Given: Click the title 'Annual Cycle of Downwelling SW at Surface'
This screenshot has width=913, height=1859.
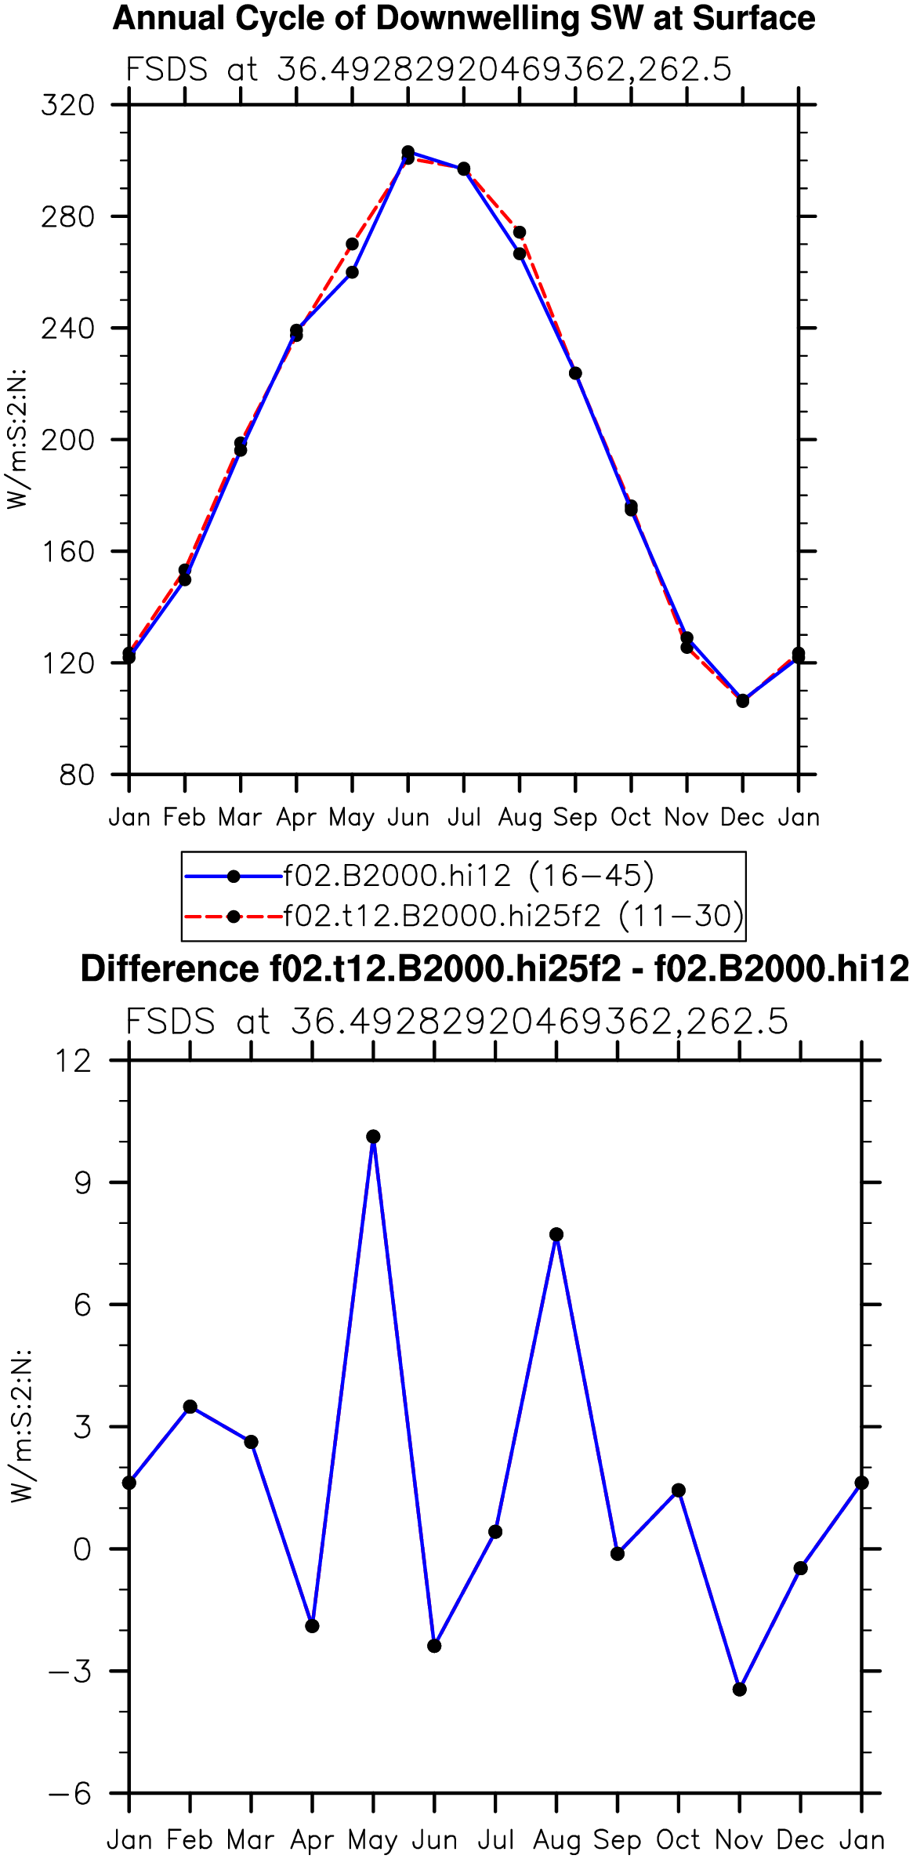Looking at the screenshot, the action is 464,18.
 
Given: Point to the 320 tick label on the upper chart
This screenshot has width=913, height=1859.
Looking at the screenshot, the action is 68,104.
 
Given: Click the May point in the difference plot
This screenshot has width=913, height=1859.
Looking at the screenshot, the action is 373,1137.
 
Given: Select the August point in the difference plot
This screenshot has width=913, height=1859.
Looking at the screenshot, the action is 556,1235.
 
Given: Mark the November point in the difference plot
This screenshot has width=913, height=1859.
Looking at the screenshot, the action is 740,1690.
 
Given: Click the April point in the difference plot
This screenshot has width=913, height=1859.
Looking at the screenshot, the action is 312,1626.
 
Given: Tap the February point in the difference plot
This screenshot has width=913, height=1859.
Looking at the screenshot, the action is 190,1407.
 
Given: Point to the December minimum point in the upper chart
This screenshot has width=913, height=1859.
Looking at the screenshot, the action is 743,701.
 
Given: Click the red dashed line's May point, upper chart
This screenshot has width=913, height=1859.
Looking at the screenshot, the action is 352,244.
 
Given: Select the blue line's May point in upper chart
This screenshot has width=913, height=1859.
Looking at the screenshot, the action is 352,272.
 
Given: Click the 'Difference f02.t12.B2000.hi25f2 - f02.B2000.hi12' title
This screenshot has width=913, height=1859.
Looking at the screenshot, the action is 495,969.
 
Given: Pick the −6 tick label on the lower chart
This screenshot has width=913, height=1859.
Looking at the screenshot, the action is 70,1793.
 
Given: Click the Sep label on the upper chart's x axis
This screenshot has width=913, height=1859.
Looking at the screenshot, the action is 575,818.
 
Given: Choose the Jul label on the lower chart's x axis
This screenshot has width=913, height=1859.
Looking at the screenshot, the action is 495,1840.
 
